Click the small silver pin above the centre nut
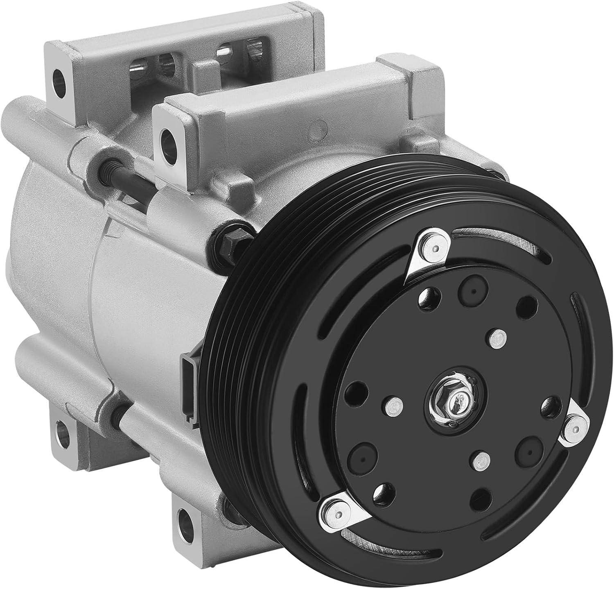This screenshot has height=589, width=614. [496, 338]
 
